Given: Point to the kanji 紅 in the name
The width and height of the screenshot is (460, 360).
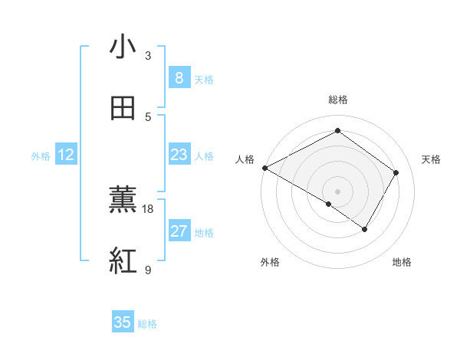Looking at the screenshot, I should pyautogui.click(x=123, y=261).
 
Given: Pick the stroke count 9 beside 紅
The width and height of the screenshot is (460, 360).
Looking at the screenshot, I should pyautogui.click(x=148, y=270).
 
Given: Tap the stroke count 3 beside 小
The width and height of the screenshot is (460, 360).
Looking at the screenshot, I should pyautogui.click(x=148, y=56).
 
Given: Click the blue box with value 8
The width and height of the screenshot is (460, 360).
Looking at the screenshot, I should pyautogui.click(x=179, y=78).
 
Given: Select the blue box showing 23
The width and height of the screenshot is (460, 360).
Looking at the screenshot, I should pyautogui.click(x=179, y=155).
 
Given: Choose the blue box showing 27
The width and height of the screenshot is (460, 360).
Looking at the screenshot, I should pyautogui.click(x=179, y=231).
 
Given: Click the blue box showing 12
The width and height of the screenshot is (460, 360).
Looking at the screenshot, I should pyautogui.click(x=66, y=155).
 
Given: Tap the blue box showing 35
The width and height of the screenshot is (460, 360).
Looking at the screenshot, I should pyautogui.click(x=123, y=322).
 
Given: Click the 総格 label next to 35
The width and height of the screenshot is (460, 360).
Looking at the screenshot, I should pyautogui.click(x=147, y=324).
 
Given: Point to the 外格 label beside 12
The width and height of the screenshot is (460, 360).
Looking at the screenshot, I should pyautogui.click(x=41, y=156).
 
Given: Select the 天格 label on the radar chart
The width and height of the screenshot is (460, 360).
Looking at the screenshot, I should pyautogui.click(x=431, y=159).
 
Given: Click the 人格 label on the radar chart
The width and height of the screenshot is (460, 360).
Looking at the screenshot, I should pyautogui.click(x=245, y=159).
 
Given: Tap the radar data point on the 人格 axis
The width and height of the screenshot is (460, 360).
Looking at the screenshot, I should pyautogui.click(x=264, y=168).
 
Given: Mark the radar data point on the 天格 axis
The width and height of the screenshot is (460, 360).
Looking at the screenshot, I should pyautogui.click(x=396, y=172).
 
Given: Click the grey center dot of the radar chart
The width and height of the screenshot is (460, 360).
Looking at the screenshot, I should pyautogui.click(x=337, y=191).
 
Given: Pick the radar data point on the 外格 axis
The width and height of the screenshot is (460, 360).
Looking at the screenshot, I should pyautogui.click(x=329, y=204).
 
